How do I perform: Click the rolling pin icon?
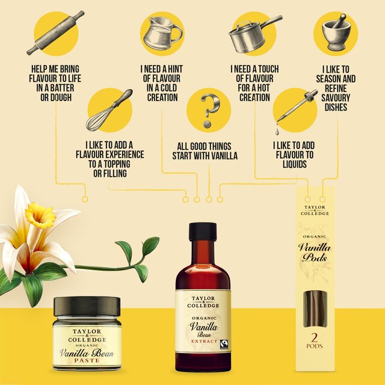coord(55,32)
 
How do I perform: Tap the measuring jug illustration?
coord(161,32)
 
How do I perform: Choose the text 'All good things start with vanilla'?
coord(208,151)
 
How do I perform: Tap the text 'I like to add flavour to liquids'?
coord(294,155)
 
